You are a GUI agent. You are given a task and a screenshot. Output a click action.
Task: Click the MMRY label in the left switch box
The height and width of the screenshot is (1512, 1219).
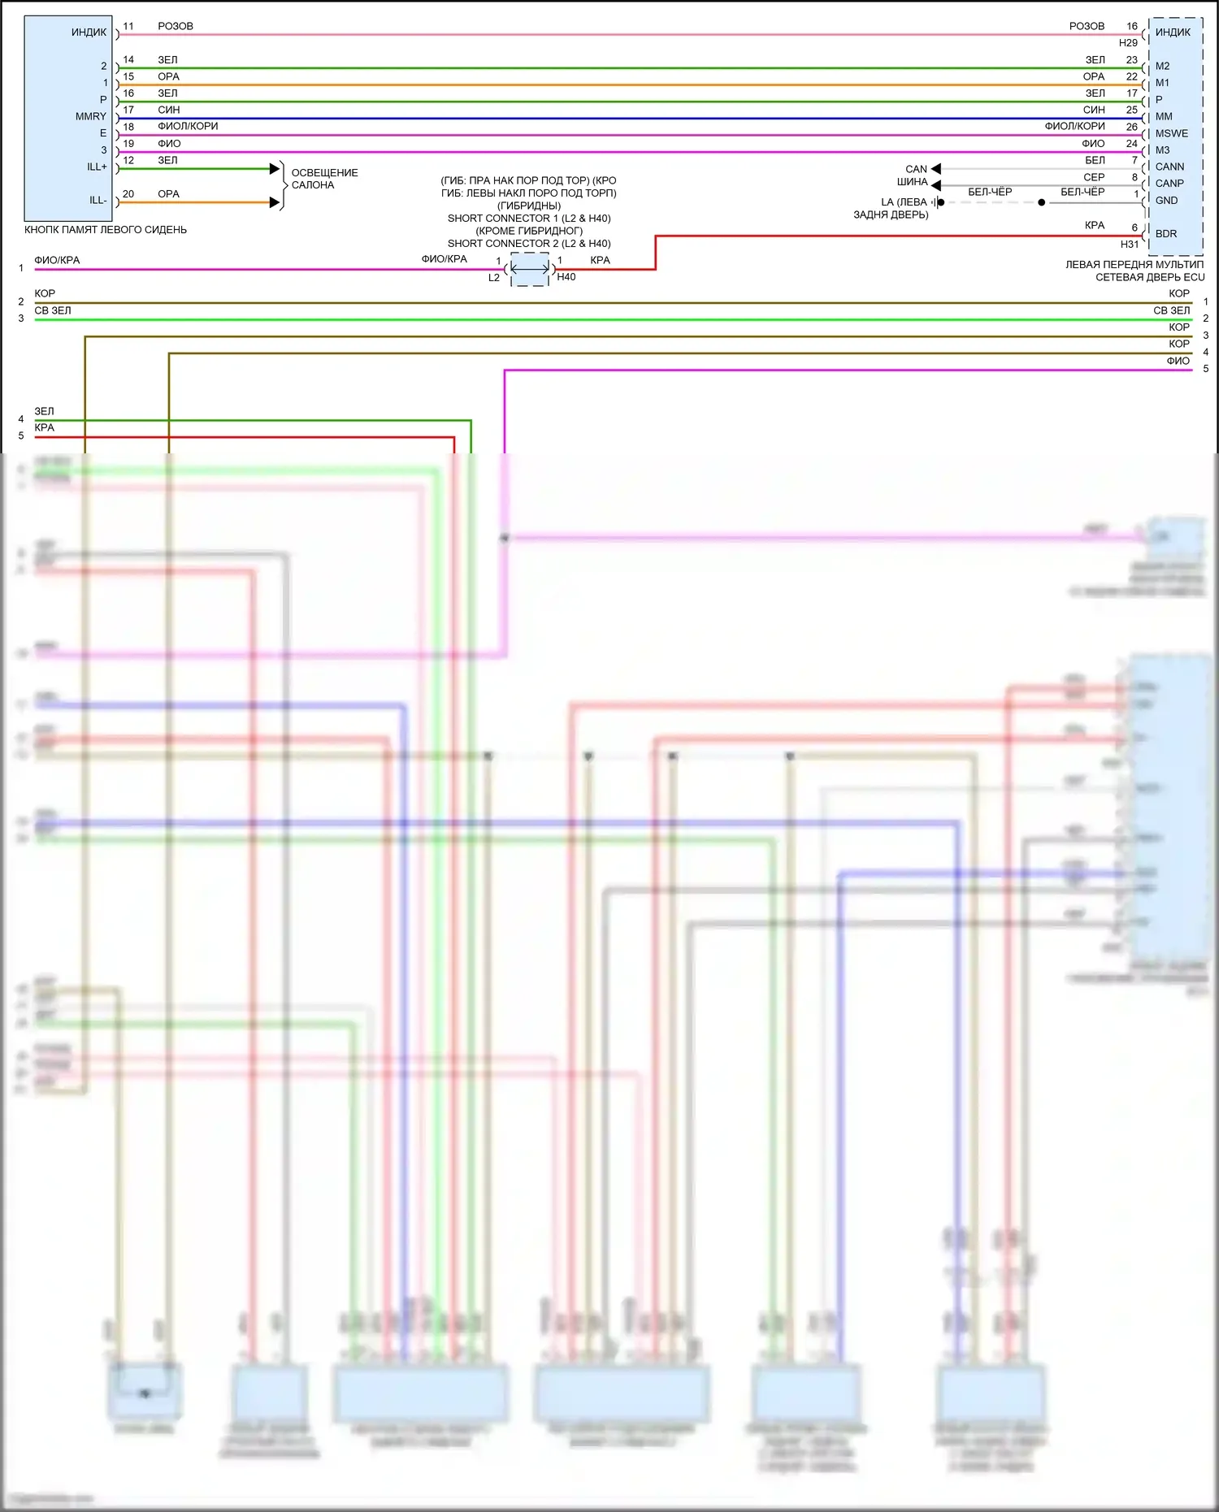click(90, 117)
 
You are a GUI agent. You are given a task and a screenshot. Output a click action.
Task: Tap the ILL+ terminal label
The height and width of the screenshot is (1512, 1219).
click(97, 167)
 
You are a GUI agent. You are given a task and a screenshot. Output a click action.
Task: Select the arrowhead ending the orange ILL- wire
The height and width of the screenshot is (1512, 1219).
click(275, 202)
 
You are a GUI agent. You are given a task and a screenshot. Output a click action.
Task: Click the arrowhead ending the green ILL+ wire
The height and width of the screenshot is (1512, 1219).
click(275, 169)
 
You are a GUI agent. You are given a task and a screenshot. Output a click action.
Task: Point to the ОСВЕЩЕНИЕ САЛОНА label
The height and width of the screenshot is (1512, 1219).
click(324, 179)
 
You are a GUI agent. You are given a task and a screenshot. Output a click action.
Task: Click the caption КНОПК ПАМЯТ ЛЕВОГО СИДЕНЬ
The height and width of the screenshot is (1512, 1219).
click(106, 230)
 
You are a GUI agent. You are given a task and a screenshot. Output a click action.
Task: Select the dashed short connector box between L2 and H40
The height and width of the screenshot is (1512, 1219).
click(530, 269)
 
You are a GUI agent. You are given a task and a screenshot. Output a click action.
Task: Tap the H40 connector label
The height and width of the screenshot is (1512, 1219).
click(566, 277)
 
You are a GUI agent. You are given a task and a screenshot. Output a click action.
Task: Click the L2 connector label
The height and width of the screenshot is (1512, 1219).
click(494, 278)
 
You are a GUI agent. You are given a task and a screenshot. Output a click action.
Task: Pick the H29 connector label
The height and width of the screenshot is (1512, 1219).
click(1128, 43)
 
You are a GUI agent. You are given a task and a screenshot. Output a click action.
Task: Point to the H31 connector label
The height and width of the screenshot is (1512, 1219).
click(1130, 245)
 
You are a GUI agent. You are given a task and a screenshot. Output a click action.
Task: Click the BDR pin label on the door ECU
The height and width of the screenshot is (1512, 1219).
click(1166, 234)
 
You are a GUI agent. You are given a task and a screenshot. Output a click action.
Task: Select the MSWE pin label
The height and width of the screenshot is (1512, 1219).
click(1171, 134)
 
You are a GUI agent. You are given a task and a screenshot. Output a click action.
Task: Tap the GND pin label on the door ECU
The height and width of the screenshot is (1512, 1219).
click(1166, 201)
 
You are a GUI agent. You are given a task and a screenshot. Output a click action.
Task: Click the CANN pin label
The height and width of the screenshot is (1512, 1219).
click(1169, 167)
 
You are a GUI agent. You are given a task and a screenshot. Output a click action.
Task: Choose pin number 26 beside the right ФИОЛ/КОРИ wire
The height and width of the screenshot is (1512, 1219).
click(1131, 127)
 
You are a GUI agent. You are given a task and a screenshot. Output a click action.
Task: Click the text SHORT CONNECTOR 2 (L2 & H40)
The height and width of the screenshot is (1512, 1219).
click(529, 244)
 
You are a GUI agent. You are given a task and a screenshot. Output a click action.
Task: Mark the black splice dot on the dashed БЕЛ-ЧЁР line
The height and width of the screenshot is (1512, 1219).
click(1042, 202)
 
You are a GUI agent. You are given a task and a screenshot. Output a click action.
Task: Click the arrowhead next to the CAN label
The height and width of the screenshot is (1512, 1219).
click(935, 169)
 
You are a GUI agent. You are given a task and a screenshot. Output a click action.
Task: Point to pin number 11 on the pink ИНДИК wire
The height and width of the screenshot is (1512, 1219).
click(128, 27)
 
